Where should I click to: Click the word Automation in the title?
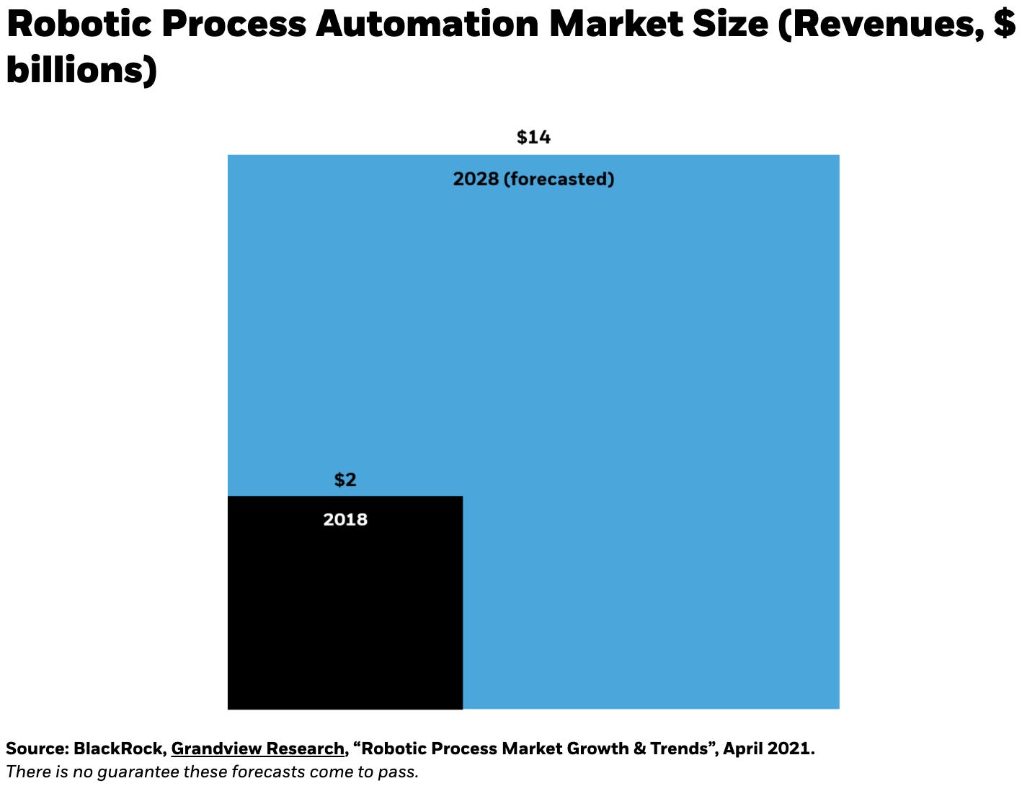point(427,24)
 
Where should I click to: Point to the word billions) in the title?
point(81,70)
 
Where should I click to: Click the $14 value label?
point(533,137)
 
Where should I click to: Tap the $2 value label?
point(345,480)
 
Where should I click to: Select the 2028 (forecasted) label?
point(533,179)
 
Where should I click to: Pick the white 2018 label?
point(345,520)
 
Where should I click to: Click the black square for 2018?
point(345,620)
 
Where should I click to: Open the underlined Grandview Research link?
point(257,749)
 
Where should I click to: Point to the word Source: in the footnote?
point(37,749)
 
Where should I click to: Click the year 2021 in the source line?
point(791,749)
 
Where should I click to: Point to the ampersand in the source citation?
point(639,749)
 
